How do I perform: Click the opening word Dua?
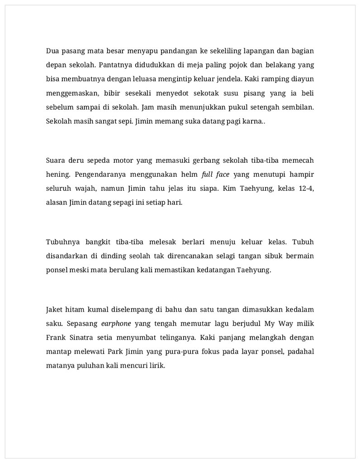pyautogui.click(x=52, y=51)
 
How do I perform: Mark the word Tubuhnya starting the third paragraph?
pyautogui.click(x=61, y=242)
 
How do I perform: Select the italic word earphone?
pyautogui.click(x=116, y=324)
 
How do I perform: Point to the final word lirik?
pyautogui.click(x=156, y=366)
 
